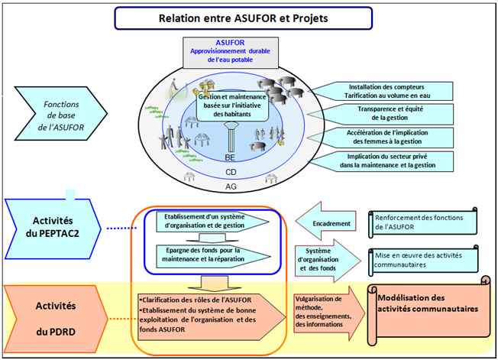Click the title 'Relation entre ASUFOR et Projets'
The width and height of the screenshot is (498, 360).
point(242,18)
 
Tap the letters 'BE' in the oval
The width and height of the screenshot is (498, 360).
point(229,157)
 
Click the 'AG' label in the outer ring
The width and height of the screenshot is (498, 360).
point(230,186)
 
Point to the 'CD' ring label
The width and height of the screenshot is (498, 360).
point(230,172)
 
